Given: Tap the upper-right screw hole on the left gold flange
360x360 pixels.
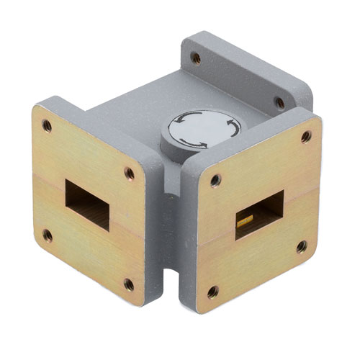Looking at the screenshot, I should [130, 173].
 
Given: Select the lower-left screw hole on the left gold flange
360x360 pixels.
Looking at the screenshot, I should [48, 235].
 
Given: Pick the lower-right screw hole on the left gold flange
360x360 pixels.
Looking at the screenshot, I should [129, 284].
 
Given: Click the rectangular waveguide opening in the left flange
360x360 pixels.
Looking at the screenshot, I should [87, 204].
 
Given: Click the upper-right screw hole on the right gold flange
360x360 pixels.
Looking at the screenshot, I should [306, 136].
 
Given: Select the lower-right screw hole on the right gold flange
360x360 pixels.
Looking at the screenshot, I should [301, 247].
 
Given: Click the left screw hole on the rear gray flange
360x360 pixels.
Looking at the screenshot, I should [195, 58].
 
